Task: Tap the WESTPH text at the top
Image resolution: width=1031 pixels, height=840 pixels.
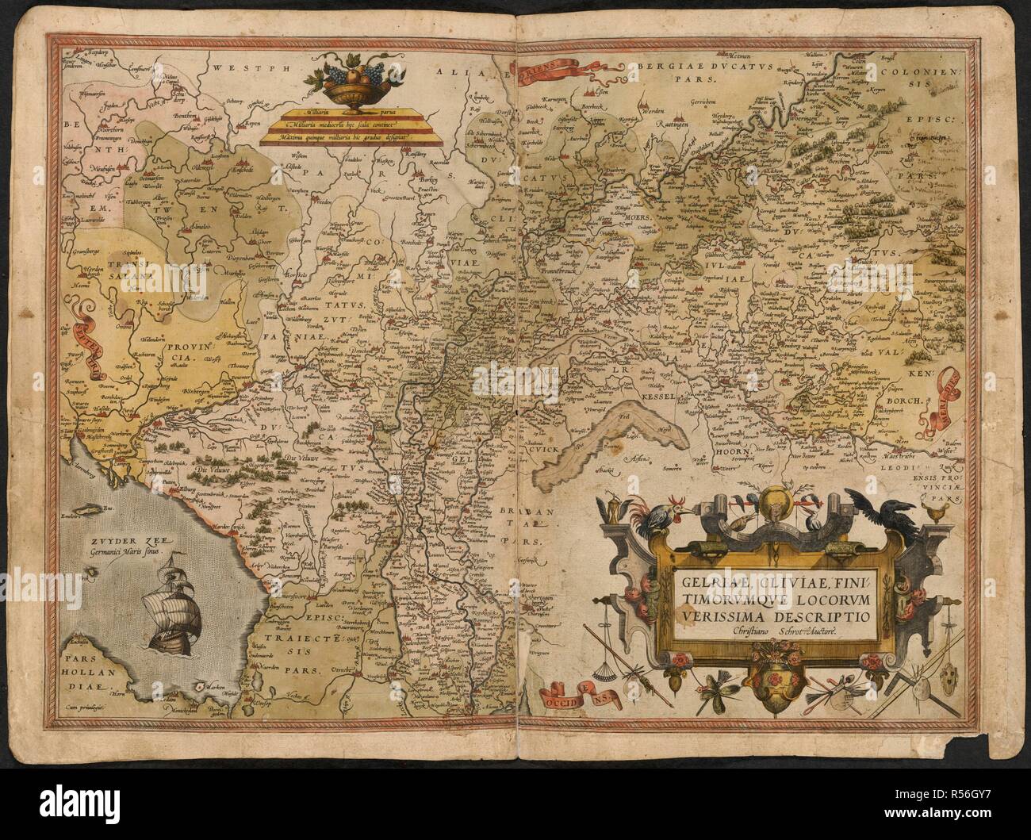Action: pyautogui.click(x=239, y=67)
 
